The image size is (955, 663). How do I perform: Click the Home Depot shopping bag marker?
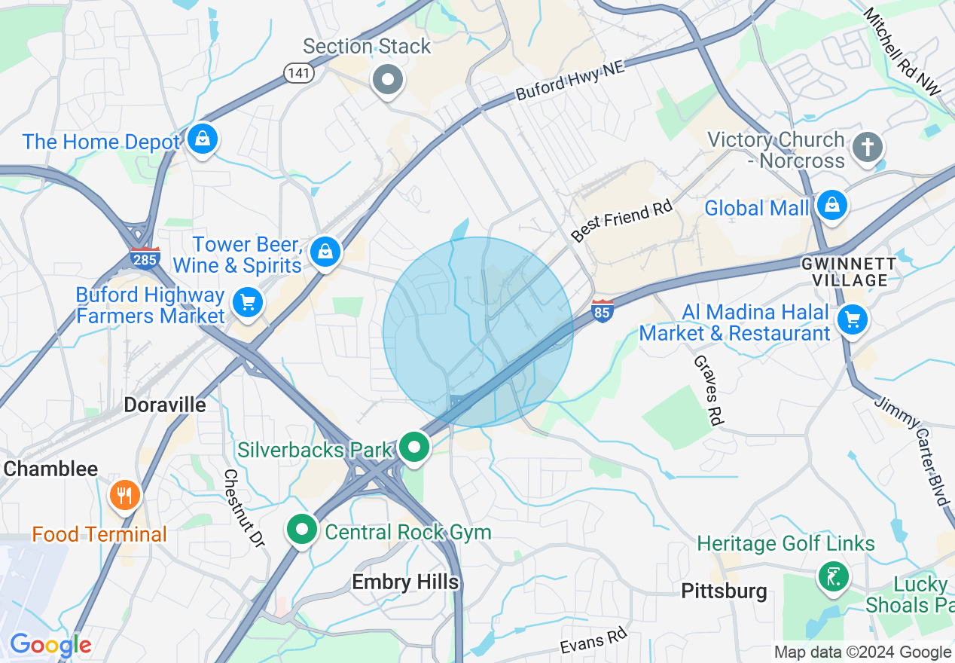point(202,139)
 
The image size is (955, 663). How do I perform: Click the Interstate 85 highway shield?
point(602,310)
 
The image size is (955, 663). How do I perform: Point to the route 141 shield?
point(295,72)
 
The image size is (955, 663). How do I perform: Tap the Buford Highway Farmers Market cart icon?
point(247,303)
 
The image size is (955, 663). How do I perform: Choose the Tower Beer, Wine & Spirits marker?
point(325,252)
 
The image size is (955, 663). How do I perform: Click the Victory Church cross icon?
point(868,148)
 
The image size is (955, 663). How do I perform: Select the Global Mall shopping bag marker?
point(831,206)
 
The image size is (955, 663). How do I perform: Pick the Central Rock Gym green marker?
point(302,530)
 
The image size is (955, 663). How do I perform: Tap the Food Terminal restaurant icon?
point(125,496)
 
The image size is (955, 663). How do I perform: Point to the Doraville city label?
point(164,405)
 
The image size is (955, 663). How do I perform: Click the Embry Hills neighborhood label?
point(405,582)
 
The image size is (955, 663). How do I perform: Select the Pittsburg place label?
point(724,591)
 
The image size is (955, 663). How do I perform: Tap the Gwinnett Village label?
point(849,272)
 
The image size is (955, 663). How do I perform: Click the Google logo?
point(50,645)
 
